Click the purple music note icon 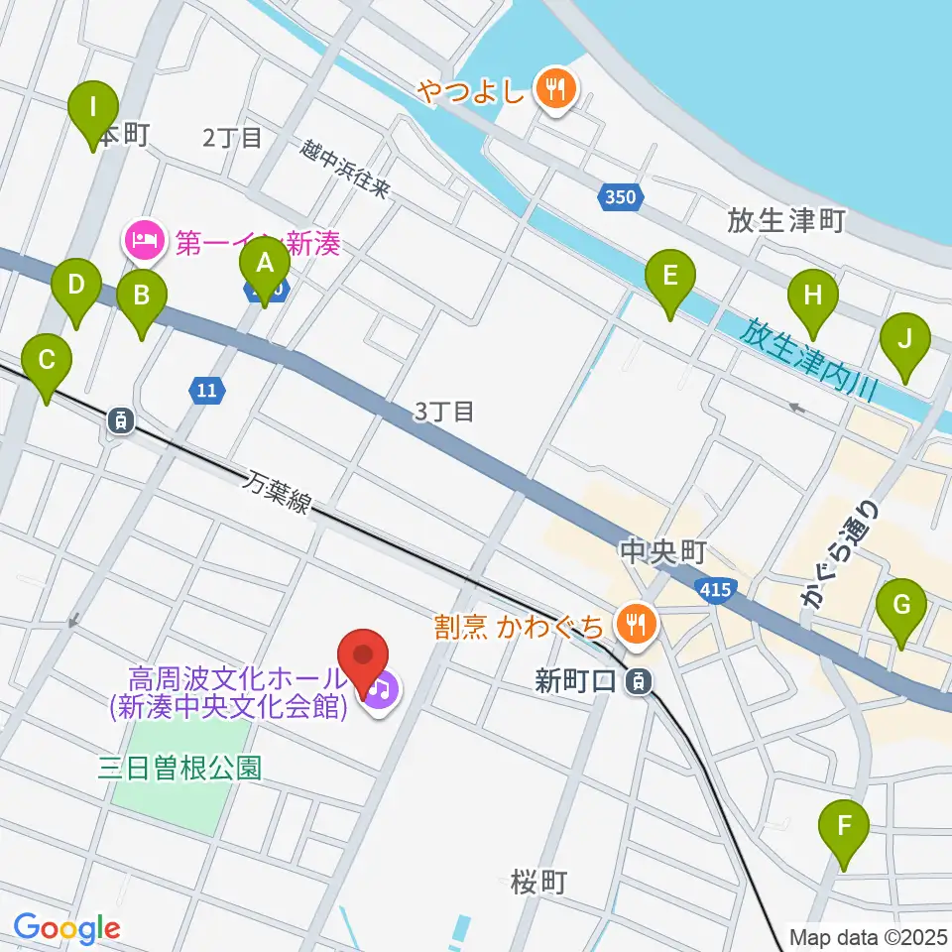[x=381, y=686]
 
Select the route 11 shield [x=205, y=391]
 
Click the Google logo [x=66, y=928]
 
